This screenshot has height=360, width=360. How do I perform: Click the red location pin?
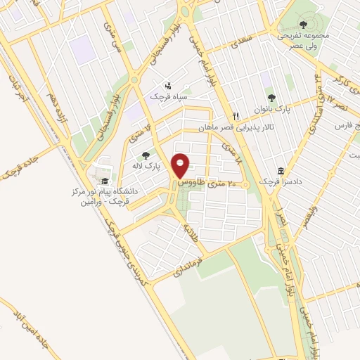pos(181,165)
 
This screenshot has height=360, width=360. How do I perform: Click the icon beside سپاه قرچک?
pos(167,83)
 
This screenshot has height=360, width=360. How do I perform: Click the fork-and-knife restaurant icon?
pos(237,117)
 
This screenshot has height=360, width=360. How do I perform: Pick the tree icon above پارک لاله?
pos(146,155)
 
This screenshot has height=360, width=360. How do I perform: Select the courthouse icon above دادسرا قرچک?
pos(281,171)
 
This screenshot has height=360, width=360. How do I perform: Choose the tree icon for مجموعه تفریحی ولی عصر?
pos(303,25)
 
